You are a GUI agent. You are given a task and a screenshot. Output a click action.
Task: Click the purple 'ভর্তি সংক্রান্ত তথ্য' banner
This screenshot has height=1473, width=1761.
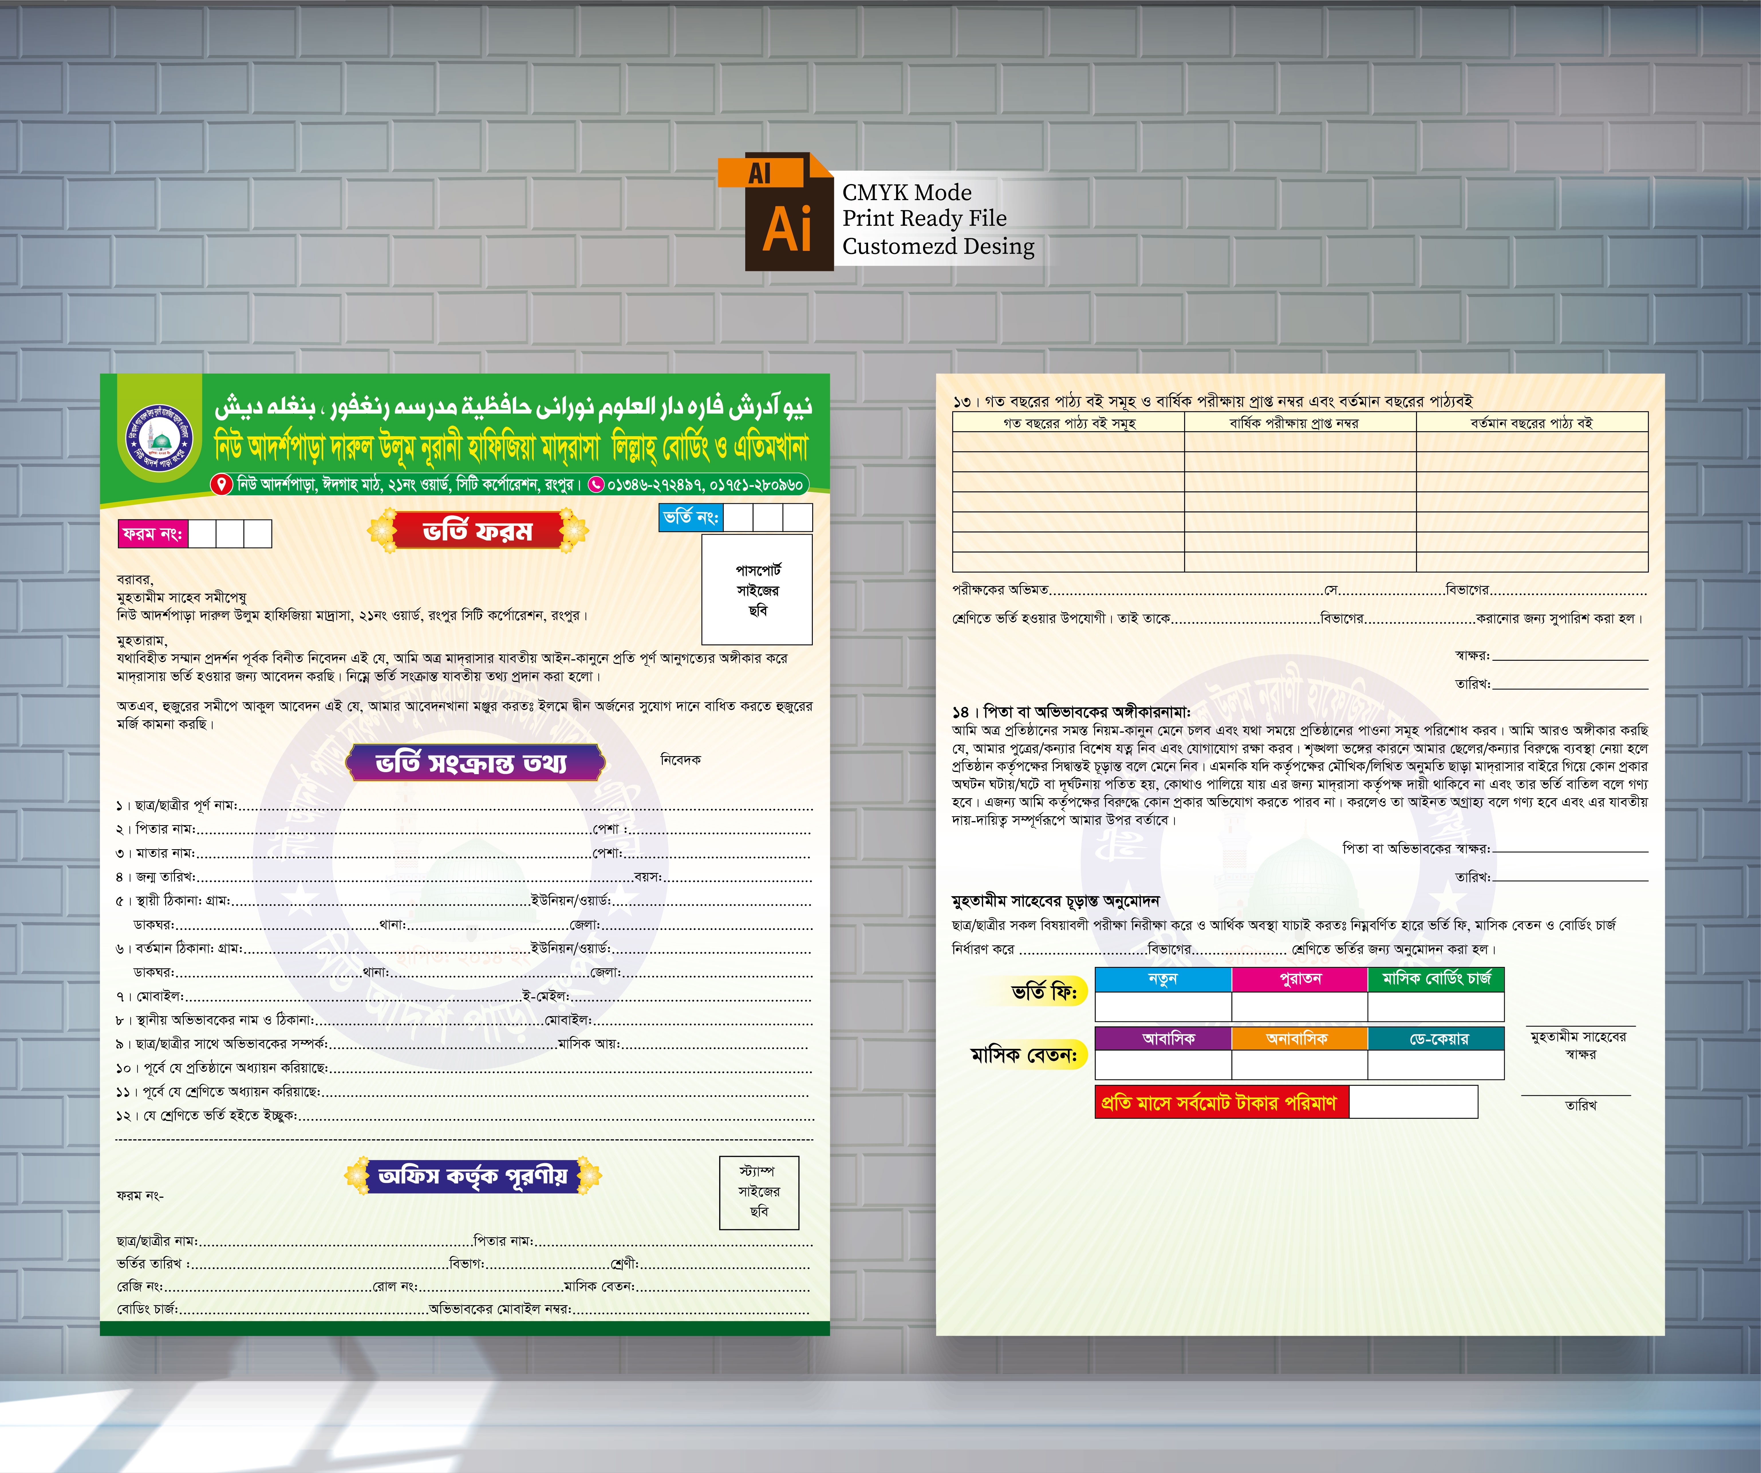point(475,762)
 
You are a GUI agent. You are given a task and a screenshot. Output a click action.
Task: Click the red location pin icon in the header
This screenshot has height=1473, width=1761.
point(221,484)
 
